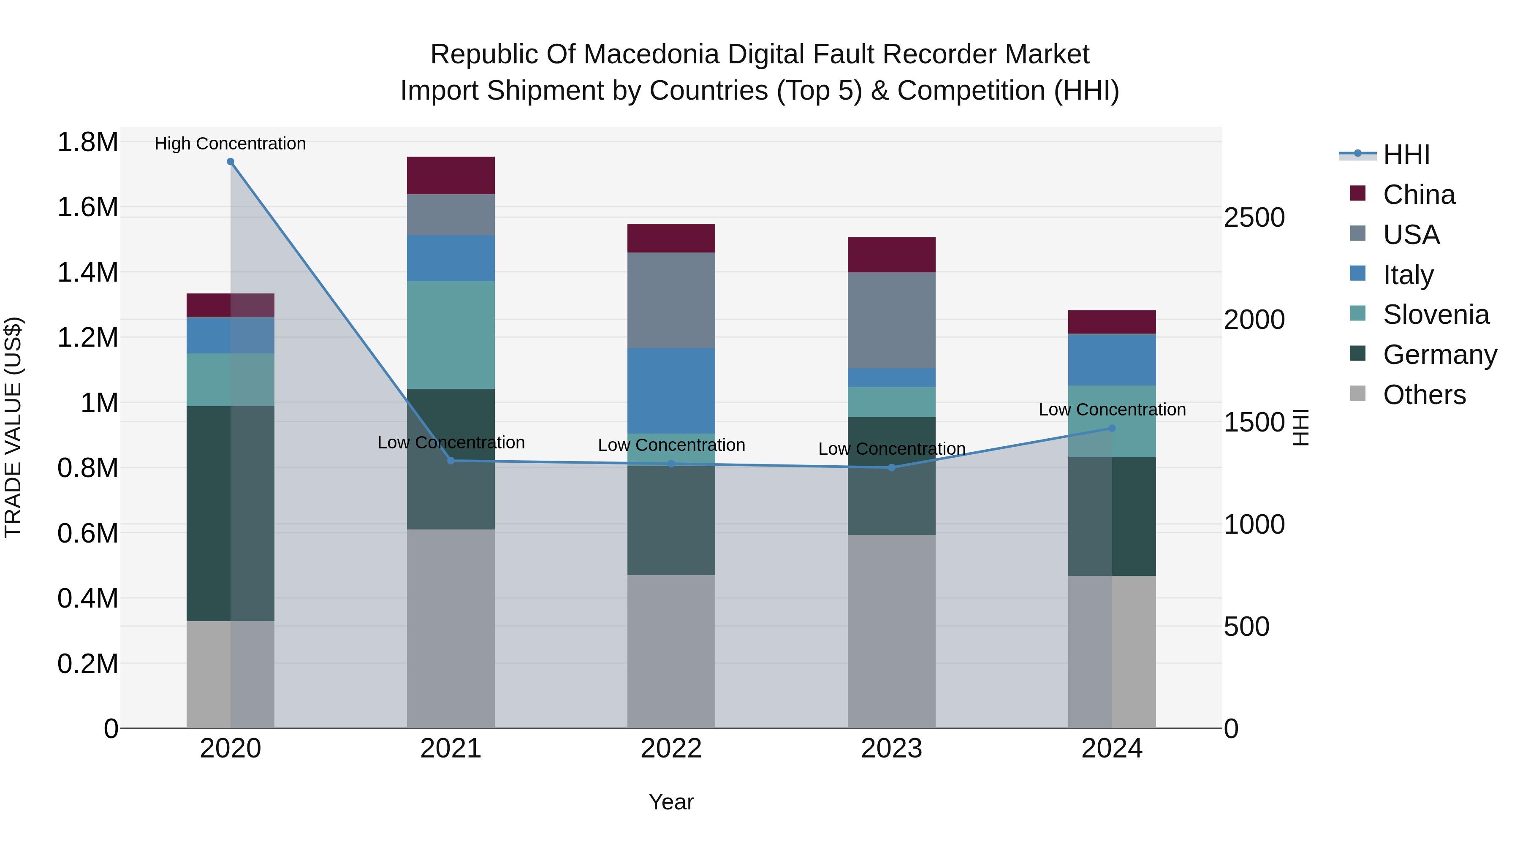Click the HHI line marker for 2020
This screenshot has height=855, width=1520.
230,162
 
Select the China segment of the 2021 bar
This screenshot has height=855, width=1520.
451,175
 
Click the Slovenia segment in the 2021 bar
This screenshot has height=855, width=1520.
451,334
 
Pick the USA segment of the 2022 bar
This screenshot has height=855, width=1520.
671,300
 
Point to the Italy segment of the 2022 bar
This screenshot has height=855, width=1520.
671,390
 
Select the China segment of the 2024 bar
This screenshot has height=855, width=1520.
1112,322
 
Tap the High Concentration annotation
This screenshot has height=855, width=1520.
230,144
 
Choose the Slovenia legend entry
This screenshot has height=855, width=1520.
1435,315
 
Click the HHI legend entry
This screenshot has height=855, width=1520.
1406,155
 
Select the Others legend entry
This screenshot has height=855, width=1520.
1424,395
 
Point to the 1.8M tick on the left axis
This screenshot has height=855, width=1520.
87,142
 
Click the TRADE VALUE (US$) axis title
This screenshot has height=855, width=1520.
13,427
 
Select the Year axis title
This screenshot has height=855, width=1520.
671,802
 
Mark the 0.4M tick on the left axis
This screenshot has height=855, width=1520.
87,598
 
